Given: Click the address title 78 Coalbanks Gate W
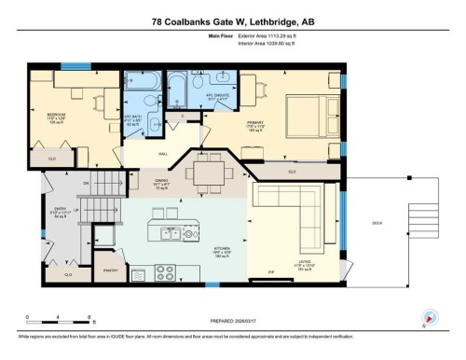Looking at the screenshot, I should (232, 20).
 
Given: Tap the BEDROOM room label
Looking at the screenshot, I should (57, 117).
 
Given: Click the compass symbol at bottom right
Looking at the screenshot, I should (429, 317).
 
